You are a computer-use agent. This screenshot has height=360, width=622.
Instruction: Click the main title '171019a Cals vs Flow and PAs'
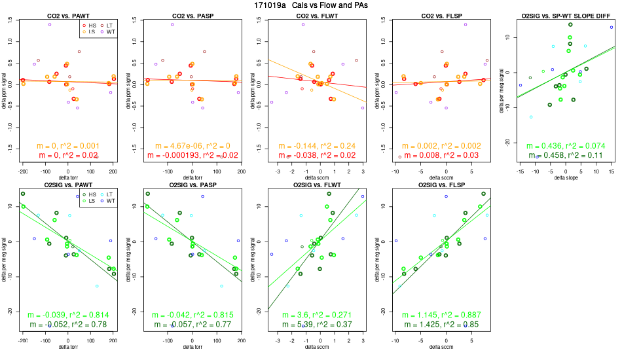(x=311, y=5)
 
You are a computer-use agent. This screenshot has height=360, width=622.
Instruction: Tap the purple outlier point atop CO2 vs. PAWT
(x=49, y=24)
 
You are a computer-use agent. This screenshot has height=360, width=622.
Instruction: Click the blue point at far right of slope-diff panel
(x=611, y=27)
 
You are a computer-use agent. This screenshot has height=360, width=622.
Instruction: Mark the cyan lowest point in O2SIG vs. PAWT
(x=96, y=286)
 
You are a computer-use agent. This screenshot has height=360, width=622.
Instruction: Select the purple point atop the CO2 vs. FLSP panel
(x=465, y=24)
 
